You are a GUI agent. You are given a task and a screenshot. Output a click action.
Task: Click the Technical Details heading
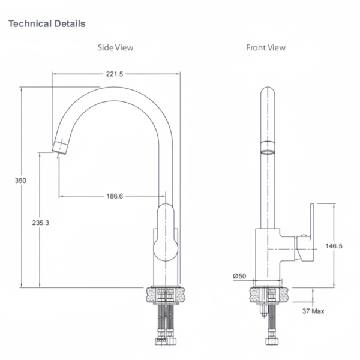[46, 24]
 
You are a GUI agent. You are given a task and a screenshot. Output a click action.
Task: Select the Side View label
[116, 47]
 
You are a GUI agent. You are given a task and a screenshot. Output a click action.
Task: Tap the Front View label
[266, 47]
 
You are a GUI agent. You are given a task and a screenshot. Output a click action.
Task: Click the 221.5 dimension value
[114, 74]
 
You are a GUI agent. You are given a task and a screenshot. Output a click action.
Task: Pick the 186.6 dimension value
[114, 196]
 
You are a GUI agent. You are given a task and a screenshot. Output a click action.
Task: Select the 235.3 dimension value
[40, 222]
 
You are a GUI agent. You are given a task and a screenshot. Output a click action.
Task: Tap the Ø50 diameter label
[240, 275]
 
